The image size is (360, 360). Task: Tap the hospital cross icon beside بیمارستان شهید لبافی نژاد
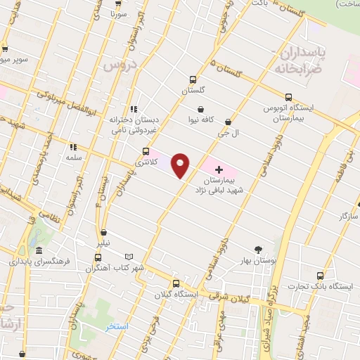coord(219,169)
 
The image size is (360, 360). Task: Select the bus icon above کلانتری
coord(146,151)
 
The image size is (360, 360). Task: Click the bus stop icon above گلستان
coord(192,79)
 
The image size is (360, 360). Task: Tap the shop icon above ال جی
coord(227,121)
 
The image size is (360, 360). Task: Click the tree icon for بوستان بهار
coord(258,250)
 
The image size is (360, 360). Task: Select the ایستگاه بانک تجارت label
coord(333,286)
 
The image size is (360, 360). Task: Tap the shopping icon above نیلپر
coord(103,232)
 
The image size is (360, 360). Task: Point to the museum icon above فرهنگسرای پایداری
coord(38,251)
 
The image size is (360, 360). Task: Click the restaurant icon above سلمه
coord(72,147)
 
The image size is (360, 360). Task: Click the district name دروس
coord(117,65)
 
